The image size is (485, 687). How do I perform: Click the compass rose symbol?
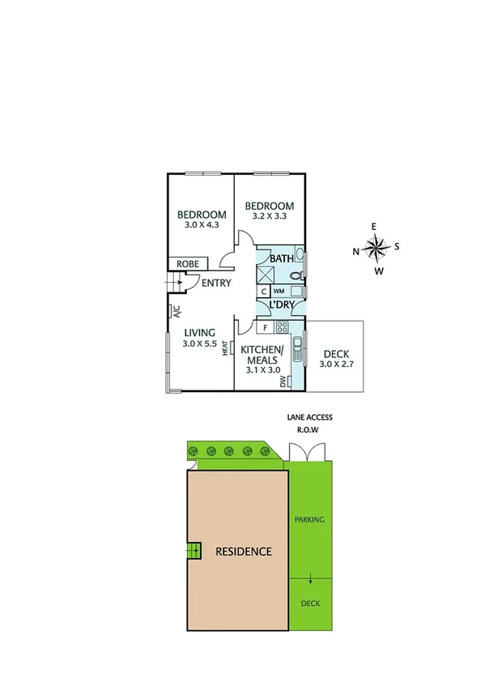pyautogui.click(x=375, y=247)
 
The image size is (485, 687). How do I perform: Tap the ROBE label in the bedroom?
pyautogui.click(x=189, y=264)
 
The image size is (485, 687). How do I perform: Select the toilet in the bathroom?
pyautogui.click(x=296, y=277)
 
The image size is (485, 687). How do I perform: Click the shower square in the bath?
pyautogui.click(x=265, y=273)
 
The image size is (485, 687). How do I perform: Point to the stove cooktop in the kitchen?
pyautogui.click(x=283, y=327)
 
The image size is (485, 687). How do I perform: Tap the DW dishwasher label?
pyautogui.click(x=283, y=380)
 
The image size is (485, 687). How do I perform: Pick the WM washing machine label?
pyautogui.click(x=279, y=291)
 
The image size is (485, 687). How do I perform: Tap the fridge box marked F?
pyautogui.click(x=265, y=327)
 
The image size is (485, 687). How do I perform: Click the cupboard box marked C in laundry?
pyautogui.click(x=264, y=291)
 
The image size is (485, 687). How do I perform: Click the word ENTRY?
pyautogui.click(x=217, y=283)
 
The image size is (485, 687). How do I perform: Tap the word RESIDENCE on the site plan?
pyautogui.click(x=243, y=551)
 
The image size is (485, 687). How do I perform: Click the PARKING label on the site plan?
pyautogui.click(x=310, y=519)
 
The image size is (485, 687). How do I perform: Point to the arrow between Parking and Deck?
pyautogui.click(x=311, y=578)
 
